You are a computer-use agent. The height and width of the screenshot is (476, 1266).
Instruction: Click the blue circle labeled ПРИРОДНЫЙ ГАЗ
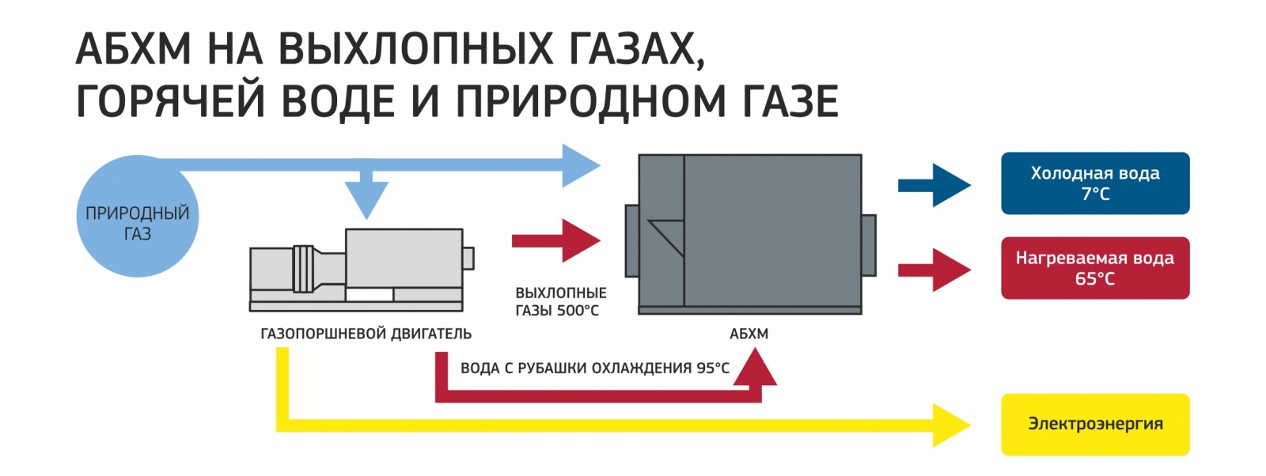pos(137,217)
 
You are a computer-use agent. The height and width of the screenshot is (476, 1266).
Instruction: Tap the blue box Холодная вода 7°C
pos(1095,183)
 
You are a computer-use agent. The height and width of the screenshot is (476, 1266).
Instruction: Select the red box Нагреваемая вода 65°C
pos(1095,268)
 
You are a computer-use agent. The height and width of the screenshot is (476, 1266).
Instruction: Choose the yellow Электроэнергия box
pos(1095,424)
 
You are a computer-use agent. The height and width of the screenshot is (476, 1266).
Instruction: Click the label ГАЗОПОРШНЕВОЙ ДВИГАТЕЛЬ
pos(366,334)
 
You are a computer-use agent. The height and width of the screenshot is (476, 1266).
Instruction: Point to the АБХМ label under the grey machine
pos(749,334)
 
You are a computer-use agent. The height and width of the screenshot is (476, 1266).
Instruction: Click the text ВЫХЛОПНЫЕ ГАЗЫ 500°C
pos(560,301)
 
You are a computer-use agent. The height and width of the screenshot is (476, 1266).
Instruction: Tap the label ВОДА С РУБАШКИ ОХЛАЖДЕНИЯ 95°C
pos(595,368)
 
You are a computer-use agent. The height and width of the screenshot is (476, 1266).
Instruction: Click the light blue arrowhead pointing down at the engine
pos(366,198)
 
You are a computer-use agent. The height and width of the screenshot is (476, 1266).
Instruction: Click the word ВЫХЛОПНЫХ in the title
pos(415,49)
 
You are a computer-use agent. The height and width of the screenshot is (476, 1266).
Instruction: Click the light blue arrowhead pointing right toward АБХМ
pos(581,166)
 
